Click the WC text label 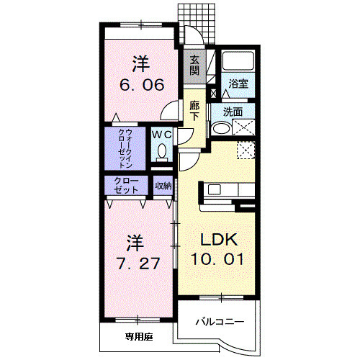coord(161,134)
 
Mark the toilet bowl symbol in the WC coord(162,151)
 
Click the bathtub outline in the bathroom coord(234,62)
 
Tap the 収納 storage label coord(163,186)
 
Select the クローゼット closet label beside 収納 coord(127,185)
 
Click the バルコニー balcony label coord(220,322)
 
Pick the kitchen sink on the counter coord(217,190)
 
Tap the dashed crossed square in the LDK coord(247,150)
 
